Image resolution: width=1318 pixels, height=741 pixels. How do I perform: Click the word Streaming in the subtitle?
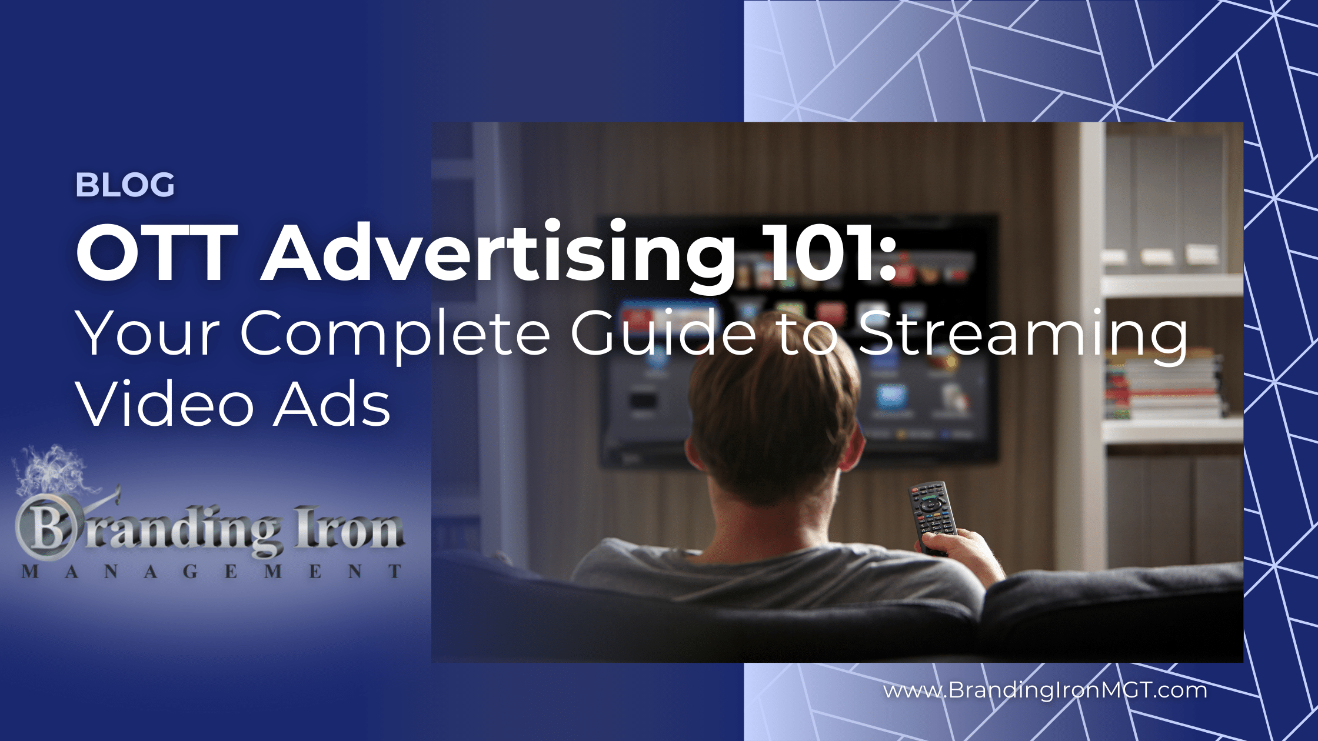[x=1021, y=335]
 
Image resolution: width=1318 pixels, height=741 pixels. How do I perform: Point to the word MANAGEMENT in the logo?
[x=212, y=571]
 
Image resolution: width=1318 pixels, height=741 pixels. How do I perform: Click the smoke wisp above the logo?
[x=53, y=470]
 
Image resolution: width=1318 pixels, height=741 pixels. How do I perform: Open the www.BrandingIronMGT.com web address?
[x=1045, y=690]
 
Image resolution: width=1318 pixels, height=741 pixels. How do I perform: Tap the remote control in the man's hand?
[x=932, y=515]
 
